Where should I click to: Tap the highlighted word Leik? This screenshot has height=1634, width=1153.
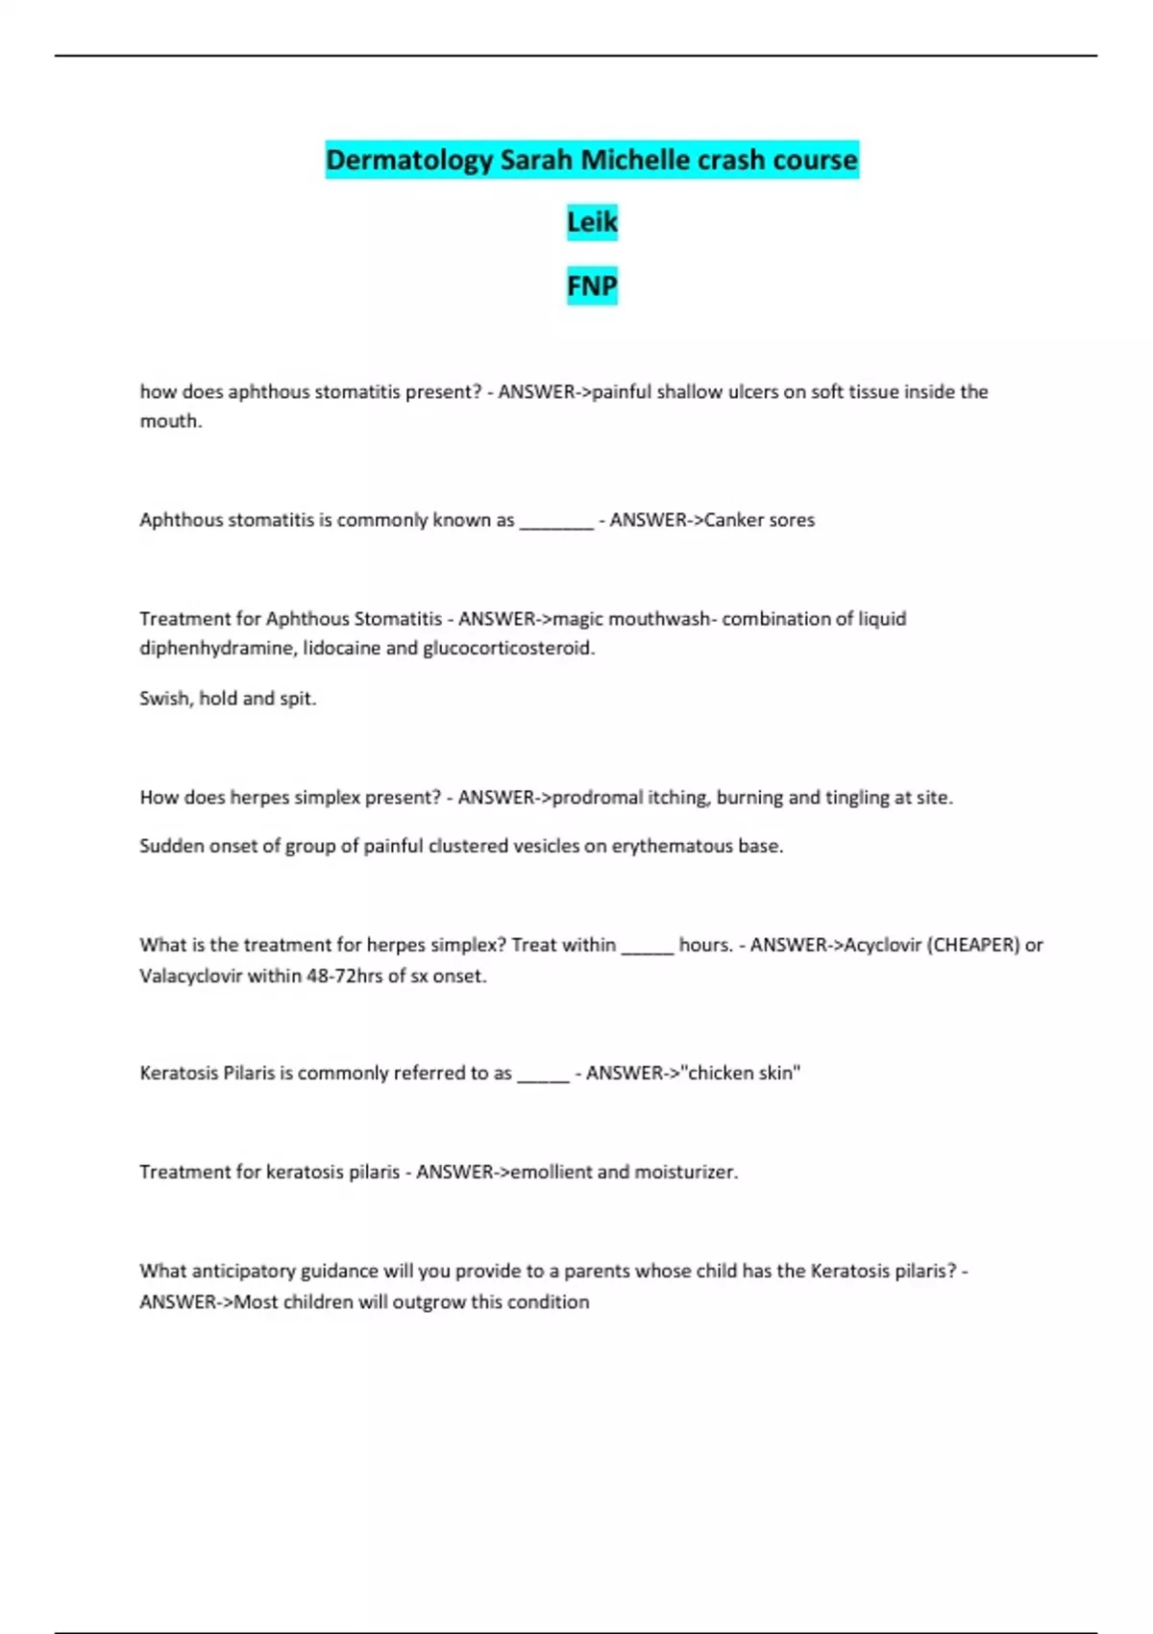point(592,222)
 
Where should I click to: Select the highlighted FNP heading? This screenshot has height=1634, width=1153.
point(592,285)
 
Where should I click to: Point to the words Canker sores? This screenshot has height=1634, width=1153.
point(759,520)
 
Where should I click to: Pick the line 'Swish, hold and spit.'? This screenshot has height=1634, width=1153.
point(228,698)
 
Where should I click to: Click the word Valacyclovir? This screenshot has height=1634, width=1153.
point(191,976)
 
